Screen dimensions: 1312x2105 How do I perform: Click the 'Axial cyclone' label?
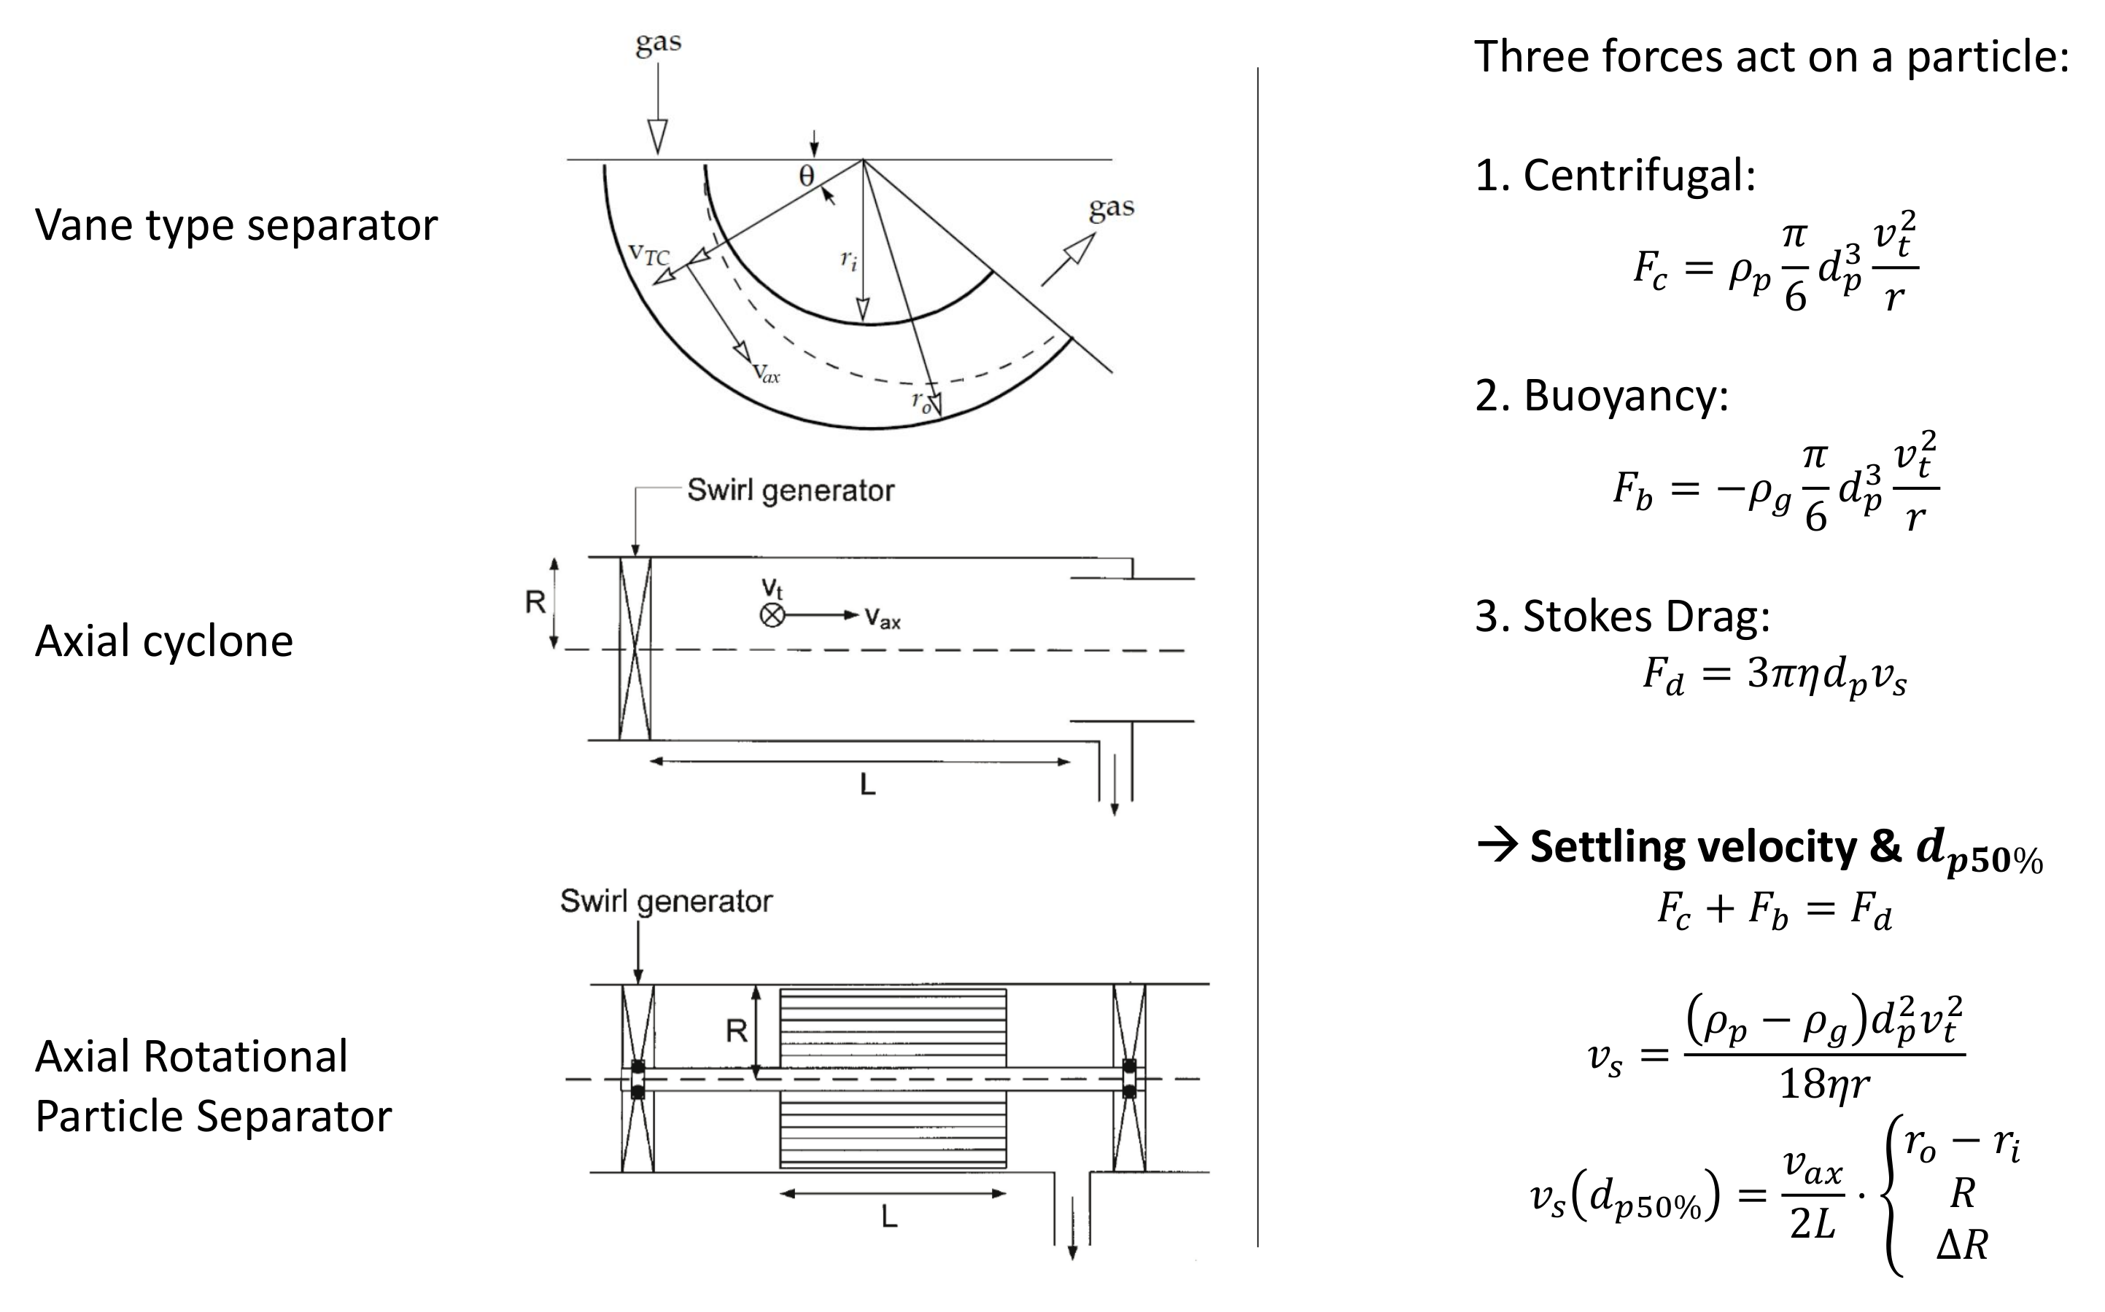164,641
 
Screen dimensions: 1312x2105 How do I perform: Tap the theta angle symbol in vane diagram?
807,177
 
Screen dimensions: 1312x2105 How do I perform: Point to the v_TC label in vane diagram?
648,254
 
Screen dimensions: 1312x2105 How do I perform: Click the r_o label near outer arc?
921,401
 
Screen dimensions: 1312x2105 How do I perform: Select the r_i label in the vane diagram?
848,259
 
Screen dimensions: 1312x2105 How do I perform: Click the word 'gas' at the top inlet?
658,42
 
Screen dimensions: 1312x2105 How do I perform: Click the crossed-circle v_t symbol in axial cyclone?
772,615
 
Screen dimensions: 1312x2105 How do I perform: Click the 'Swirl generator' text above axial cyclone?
790,491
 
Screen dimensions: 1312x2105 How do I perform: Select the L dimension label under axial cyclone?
867,785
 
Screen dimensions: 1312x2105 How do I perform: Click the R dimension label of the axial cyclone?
535,601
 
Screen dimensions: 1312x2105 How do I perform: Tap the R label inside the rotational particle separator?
736,1031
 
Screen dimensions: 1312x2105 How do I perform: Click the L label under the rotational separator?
889,1217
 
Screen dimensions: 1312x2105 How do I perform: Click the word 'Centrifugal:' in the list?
1639,176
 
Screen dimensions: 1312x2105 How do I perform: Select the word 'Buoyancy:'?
1625,396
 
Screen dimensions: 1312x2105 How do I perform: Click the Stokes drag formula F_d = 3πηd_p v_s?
1775,675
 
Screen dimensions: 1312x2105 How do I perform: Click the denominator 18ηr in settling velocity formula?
1823,1084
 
